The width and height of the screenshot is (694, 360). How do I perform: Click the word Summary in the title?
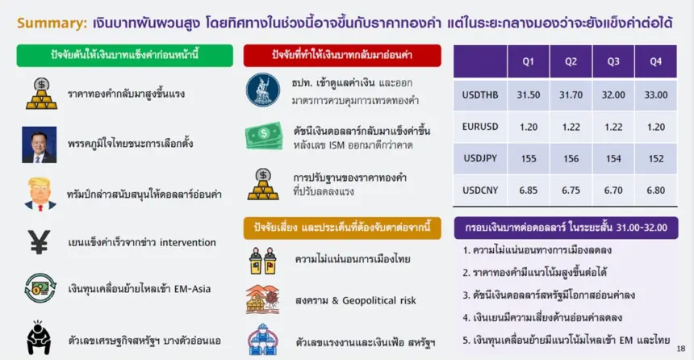click(52, 23)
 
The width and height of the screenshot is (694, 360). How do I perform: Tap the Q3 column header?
click(613, 61)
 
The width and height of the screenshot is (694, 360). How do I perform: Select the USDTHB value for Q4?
click(655, 94)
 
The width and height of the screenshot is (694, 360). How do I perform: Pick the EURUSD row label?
click(480, 127)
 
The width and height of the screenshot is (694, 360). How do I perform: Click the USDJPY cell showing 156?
click(571, 158)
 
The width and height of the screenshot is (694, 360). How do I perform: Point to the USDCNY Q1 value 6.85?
click(528, 190)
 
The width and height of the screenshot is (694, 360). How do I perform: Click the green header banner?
click(125, 56)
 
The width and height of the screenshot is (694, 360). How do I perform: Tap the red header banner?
click(342, 56)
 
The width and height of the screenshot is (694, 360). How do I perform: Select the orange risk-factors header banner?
click(342, 228)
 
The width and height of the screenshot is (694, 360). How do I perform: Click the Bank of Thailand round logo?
click(263, 90)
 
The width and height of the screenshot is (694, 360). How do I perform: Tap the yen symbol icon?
click(39, 242)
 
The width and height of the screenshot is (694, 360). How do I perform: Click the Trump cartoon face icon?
click(40, 194)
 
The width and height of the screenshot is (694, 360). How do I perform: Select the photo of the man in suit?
click(40, 144)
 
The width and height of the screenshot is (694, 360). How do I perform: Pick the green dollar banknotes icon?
click(264, 136)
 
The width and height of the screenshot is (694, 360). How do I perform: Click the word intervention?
click(188, 242)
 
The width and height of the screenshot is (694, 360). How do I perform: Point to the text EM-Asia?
click(192, 289)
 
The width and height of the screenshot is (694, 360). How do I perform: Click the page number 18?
click(681, 349)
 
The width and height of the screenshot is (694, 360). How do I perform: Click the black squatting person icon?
click(39, 337)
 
